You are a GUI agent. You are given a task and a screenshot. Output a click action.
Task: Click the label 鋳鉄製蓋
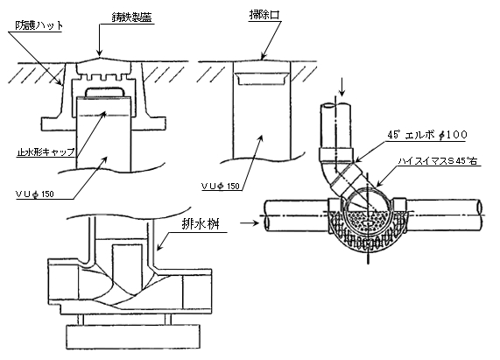(x=131, y=18)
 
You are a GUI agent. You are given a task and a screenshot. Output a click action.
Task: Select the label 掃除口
(x=264, y=15)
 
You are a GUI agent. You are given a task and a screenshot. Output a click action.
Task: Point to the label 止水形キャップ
(x=46, y=152)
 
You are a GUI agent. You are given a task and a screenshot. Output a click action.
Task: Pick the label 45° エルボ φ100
(x=427, y=135)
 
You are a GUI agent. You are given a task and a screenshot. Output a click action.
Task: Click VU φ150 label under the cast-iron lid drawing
(x=35, y=194)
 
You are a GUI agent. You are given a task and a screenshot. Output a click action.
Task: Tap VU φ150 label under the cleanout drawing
(x=221, y=187)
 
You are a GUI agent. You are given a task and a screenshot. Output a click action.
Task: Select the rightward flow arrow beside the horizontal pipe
(x=250, y=222)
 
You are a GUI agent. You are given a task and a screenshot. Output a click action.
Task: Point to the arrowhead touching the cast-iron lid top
(x=100, y=53)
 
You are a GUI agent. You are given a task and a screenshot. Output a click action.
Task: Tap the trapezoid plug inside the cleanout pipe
(x=262, y=79)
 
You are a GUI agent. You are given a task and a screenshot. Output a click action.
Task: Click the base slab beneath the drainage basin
(x=133, y=336)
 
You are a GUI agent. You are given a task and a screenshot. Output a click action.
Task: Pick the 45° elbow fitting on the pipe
(x=342, y=173)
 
